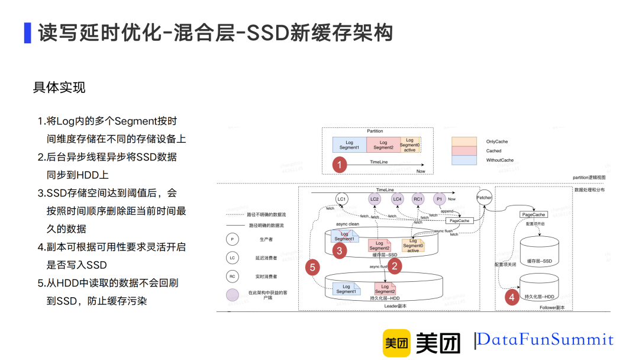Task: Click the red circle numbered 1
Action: coord(339,165)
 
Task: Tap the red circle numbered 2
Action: coord(395,266)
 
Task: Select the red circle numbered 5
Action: coord(314,268)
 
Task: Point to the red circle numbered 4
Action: coord(512,298)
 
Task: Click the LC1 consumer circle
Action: coord(341,199)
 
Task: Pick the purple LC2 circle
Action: coord(375,199)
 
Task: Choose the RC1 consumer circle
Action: coord(418,199)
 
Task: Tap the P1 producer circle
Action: coord(439,199)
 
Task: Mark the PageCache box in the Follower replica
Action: coord(533,214)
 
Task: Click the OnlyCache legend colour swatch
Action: coord(464,142)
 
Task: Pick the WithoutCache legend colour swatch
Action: coord(464,160)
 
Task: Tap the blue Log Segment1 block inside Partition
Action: coord(349,145)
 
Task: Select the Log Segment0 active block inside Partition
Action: coord(410,145)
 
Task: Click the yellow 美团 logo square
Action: coord(396,342)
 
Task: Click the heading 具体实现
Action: coord(59,88)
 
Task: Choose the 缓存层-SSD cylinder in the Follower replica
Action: coord(539,251)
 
